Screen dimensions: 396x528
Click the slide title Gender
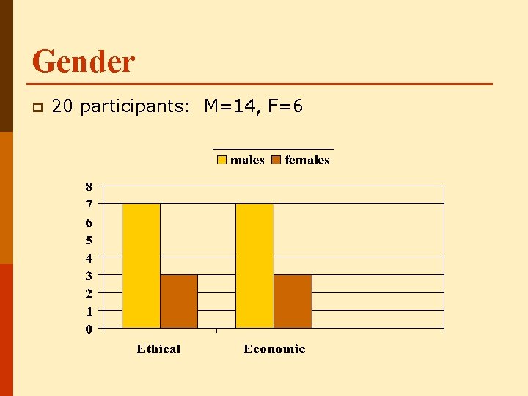(84, 62)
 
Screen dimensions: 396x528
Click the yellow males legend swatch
(221, 160)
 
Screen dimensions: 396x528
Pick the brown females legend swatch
(276, 160)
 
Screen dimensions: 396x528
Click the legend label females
(307, 160)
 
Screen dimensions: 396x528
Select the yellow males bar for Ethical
(141, 265)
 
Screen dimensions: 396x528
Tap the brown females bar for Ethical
(179, 301)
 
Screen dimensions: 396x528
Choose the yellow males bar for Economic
(254, 265)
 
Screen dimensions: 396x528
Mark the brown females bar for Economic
(293, 301)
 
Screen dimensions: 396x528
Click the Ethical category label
(158, 348)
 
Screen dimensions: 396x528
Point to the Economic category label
(274, 348)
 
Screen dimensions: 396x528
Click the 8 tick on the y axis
(89, 186)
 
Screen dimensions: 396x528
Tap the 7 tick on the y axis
(89, 204)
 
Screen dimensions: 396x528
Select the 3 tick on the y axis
(89, 276)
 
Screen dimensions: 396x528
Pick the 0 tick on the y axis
(89, 329)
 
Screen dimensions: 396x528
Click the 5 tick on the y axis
(89, 240)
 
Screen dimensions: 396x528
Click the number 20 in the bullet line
(62, 107)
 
